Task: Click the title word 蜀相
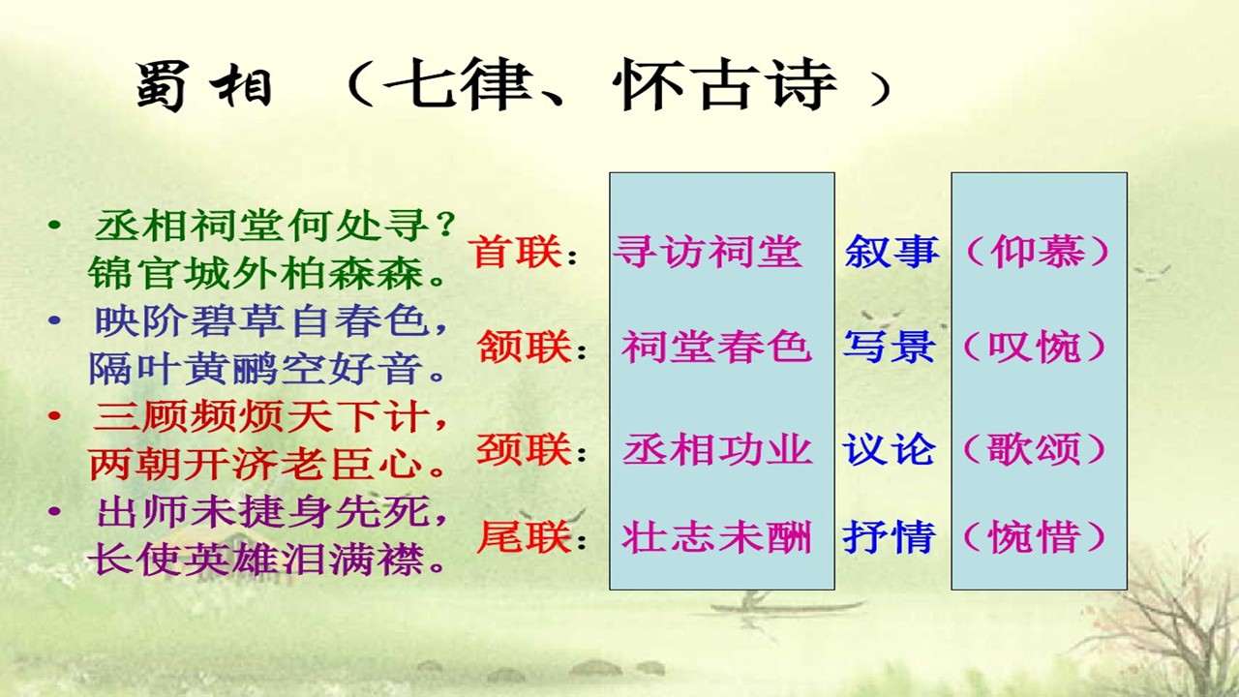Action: tap(203, 86)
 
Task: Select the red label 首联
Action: tap(515, 252)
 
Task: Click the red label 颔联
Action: tap(524, 348)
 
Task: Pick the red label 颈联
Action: tap(524, 449)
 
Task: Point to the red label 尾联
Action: tap(524, 536)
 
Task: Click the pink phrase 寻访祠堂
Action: tap(708, 252)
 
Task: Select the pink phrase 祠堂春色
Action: tap(716, 348)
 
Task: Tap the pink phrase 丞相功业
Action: tap(717, 449)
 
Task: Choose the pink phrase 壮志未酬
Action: tap(717, 536)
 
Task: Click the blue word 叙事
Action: tap(891, 252)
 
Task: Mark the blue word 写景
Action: tap(890, 348)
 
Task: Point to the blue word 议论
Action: tap(890, 449)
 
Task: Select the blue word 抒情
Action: tap(890, 536)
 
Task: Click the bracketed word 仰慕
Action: tap(1037, 252)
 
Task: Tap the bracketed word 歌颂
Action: tap(1035, 449)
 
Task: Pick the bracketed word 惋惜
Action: tap(1035, 536)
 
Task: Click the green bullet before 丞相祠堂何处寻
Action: tap(54, 225)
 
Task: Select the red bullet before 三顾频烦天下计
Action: tap(54, 415)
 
